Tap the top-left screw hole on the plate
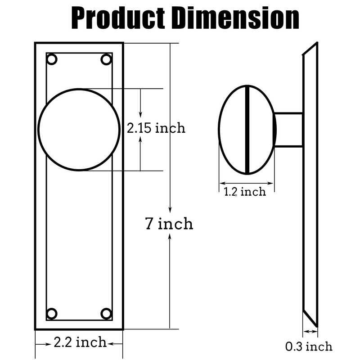pos(52,59)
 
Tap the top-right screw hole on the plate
pos(106,59)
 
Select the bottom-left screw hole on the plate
pos(52,313)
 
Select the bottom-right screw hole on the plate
pos(106,313)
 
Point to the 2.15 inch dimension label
pos(156,128)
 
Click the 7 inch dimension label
pos(169,224)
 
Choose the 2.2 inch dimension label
pos(80,342)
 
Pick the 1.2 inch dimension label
pos(245,192)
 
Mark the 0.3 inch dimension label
pos(309,346)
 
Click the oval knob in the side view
pos(234,130)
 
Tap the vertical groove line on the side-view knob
pos(247,130)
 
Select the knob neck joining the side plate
pos(288,130)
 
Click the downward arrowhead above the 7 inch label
pos(170,209)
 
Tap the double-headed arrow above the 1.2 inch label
pos(247,183)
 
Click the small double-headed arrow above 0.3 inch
pos(310,332)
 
